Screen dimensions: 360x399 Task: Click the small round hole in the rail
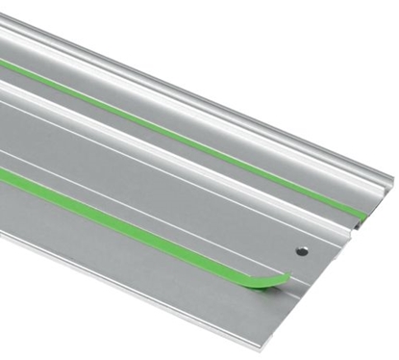pyautogui.click(x=301, y=250)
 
